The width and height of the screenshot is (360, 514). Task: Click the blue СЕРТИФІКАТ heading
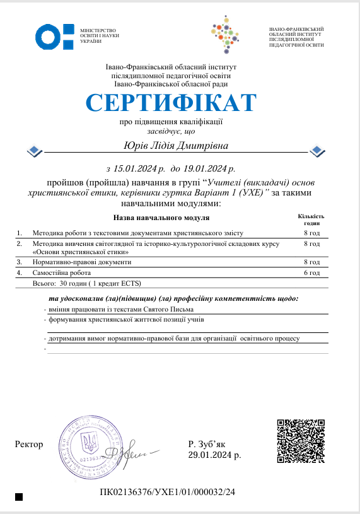pyautogui.click(x=171, y=103)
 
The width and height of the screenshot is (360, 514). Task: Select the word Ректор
pyautogui.click(x=29, y=445)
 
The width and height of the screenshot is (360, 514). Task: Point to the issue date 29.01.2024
pyautogui.click(x=214, y=454)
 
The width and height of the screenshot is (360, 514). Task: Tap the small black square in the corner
pyautogui.click(x=19, y=497)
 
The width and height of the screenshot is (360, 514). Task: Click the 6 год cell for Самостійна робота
pyautogui.click(x=311, y=273)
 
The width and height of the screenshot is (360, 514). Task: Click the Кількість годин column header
pyautogui.click(x=311, y=219)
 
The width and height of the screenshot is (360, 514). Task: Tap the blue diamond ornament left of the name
pyautogui.click(x=35, y=150)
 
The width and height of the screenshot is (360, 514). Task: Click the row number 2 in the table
pyautogui.click(x=19, y=243)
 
